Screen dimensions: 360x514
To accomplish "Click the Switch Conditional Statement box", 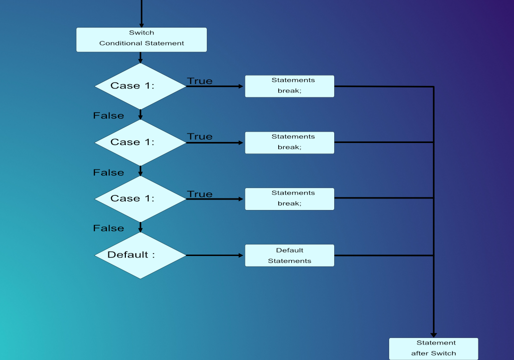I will click(x=141, y=39).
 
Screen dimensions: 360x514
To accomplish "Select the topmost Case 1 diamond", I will click(x=140, y=86).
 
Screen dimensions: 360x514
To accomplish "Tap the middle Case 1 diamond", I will click(x=140, y=142).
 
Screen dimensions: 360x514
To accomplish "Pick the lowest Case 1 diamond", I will click(x=140, y=199).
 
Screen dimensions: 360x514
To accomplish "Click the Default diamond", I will click(x=140, y=255).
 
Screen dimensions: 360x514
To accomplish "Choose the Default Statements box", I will click(x=289, y=255).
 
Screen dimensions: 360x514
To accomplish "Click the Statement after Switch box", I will click(x=434, y=348).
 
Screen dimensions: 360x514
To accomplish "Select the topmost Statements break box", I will click(x=289, y=86).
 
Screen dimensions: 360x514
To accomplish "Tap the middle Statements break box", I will click(x=289, y=142).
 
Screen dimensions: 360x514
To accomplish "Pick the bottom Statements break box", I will click(x=289, y=198).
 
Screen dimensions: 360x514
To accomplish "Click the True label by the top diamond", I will click(x=200, y=81).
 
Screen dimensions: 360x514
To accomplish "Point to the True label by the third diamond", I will click(x=200, y=194).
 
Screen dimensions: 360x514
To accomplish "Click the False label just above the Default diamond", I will click(x=108, y=228).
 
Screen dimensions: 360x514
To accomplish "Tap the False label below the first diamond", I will click(x=108, y=115).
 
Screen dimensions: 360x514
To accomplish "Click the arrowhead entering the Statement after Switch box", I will click(x=434, y=334).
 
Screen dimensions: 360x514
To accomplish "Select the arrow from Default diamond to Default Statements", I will click(x=215, y=255).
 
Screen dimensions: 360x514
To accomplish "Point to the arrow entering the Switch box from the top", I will click(x=141, y=12).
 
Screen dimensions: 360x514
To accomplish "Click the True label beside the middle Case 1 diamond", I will click(x=200, y=136).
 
